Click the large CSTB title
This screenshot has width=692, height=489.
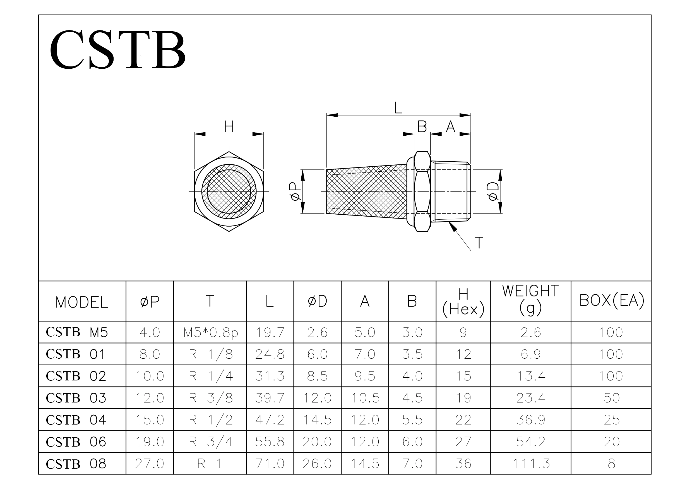117,49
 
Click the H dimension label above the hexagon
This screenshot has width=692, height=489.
229,127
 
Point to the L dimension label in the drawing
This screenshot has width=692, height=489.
398,108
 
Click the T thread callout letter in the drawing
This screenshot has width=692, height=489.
479,243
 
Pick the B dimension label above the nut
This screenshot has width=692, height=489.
422,127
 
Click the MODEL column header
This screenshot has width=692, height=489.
82,302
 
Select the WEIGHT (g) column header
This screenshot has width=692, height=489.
530,299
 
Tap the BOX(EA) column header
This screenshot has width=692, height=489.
612,300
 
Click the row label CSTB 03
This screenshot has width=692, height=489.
76,398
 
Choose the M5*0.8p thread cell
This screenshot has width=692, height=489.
210,332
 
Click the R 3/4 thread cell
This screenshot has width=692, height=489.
210,442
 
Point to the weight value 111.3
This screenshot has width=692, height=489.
531,464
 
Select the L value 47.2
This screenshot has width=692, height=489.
270,420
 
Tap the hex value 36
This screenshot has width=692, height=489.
463,464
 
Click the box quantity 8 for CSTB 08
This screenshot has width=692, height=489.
612,464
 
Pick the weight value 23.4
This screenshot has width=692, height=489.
531,398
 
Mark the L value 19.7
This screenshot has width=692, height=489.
270,332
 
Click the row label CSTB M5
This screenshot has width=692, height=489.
76,332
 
